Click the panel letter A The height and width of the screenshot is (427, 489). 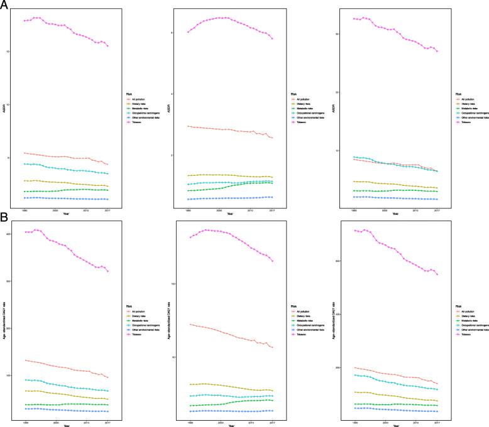coord(4,4)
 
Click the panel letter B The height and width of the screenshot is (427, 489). coord(4,215)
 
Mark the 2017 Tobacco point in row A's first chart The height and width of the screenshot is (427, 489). coord(107,46)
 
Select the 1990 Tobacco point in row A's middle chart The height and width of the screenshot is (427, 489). coord(189,32)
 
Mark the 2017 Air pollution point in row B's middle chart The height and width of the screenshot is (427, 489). coord(272,347)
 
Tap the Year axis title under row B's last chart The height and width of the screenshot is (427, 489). coord(395,426)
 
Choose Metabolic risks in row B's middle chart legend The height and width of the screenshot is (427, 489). coord(302,320)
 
